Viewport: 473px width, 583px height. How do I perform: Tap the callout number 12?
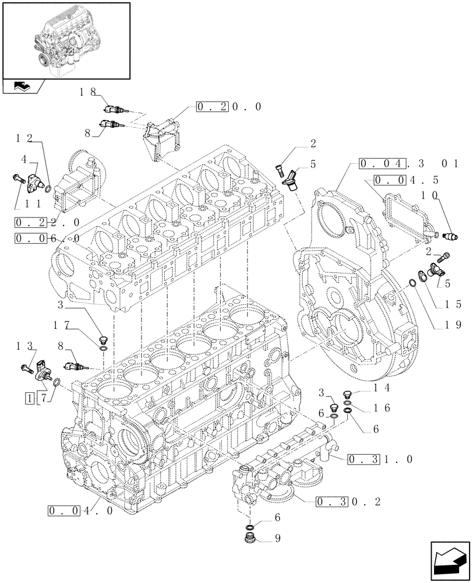pyautogui.click(x=24, y=138)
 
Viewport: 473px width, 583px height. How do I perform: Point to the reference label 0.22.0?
pyautogui.click(x=48, y=222)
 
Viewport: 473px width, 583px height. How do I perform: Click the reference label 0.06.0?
pyautogui.click(x=48, y=238)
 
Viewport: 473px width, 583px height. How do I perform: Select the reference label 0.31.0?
pyautogui.click(x=380, y=459)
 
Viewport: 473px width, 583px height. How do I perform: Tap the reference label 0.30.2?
pyautogui.click(x=348, y=501)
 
